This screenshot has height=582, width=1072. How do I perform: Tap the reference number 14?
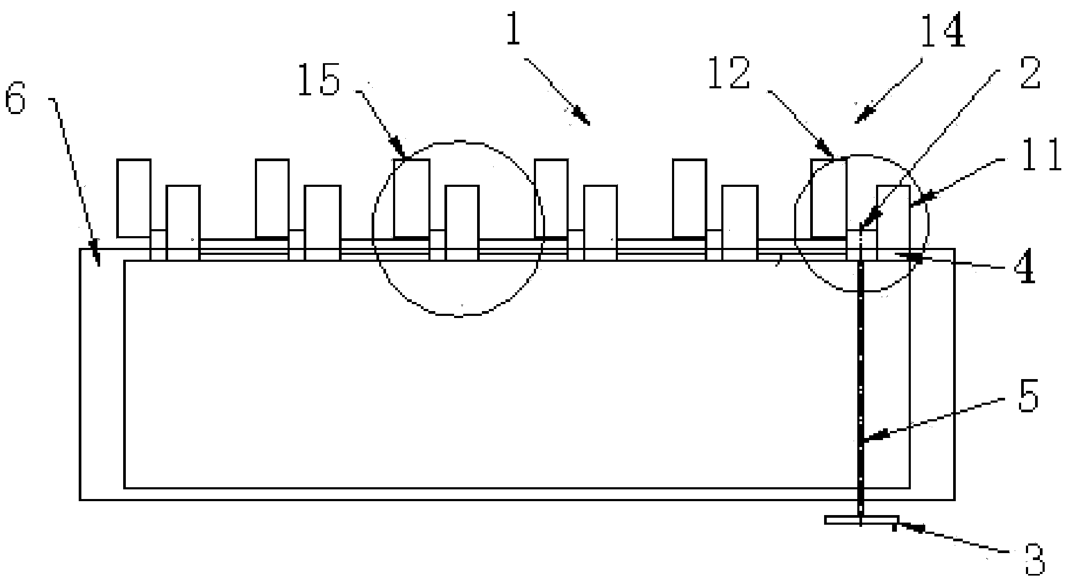click(942, 31)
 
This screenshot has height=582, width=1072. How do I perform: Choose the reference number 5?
click(1028, 397)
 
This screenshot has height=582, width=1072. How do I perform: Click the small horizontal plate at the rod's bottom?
click(861, 520)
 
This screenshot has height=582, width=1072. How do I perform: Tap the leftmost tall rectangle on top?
click(133, 198)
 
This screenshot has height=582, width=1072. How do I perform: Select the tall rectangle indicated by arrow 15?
click(411, 198)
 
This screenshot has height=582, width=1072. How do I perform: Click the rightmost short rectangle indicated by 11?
click(893, 217)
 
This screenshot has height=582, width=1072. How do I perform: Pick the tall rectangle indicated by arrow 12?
click(828, 198)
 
